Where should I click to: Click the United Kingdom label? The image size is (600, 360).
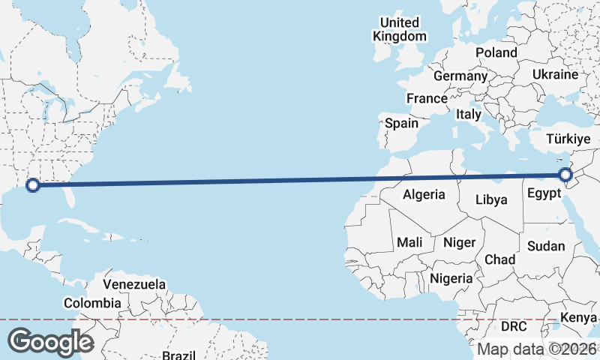click(400, 28)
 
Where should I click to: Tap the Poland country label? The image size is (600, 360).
click(496, 52)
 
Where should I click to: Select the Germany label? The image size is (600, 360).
click(460, 76)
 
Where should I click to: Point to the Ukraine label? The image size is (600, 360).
click(555, 74)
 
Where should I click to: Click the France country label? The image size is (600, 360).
click(427, 98)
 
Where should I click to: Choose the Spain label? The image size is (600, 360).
click(401, 123)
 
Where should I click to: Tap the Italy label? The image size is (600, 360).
click(469, 115)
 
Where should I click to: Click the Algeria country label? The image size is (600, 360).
click(424, 195)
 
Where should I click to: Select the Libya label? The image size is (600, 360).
click(492, 199)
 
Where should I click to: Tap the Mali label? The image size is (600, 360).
click(410, 242)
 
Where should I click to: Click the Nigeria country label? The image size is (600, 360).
click(451, 278)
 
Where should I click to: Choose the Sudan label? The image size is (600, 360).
click(546, 246)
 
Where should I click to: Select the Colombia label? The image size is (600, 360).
click(92, 303)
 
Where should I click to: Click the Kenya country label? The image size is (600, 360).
click(578, 317)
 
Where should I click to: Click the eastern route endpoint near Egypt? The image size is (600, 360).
click(566, 176)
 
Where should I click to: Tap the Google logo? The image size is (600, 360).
click(50, 342)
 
